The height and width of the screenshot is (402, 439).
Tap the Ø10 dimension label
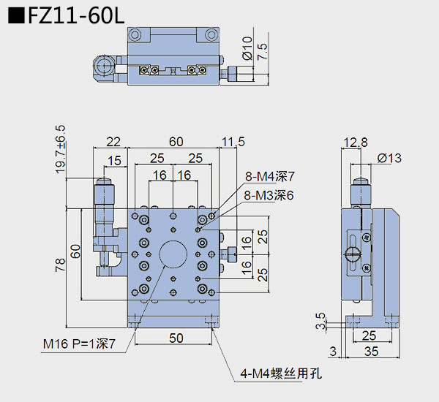coord(247,48)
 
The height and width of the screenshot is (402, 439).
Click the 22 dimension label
coord(113,142)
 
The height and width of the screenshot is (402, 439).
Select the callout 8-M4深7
coord(269,176)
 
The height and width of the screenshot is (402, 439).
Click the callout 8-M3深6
coord(269,195)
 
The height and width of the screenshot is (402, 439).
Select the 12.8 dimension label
coord(354,142)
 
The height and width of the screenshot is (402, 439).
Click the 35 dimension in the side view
coord(372,352)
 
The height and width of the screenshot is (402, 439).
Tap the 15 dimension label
coord(114,161)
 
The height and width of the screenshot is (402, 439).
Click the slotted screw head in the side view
coord(353,254)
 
